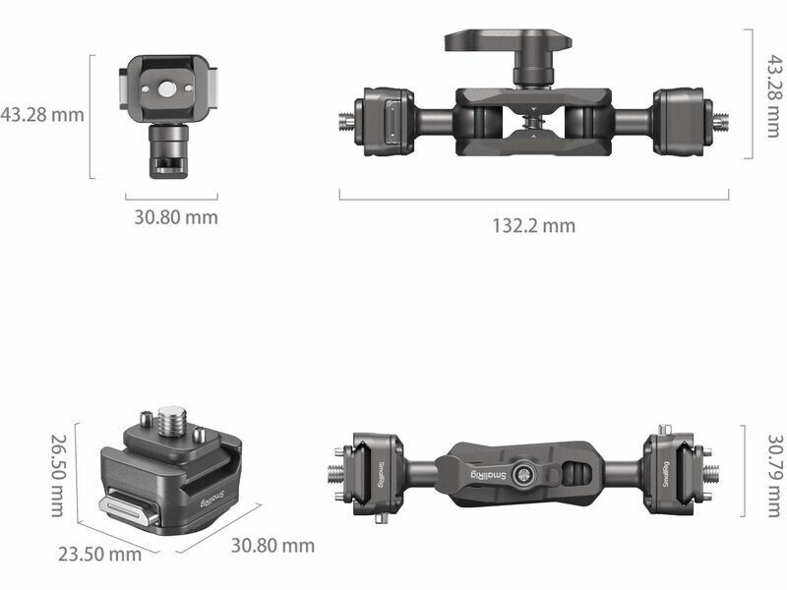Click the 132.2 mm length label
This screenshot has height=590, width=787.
(533, 226)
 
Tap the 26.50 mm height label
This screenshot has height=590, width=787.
(59, 476)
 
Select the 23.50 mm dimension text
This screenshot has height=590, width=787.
(99, 555)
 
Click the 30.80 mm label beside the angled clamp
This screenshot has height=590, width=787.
(272, 546)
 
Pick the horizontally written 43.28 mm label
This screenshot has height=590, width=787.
(42, 114)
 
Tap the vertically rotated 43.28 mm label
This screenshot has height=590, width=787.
(774, 96)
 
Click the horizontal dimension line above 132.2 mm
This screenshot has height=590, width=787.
(533, 200)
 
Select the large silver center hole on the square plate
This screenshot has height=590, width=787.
(165, 89)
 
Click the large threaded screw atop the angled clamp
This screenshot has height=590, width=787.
(171, 423)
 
